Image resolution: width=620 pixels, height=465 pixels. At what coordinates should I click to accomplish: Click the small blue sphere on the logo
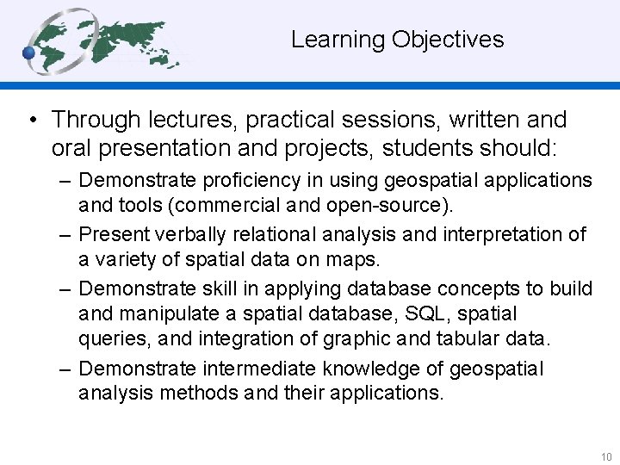coord(28,53)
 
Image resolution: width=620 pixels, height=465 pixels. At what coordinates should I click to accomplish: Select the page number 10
coord(606,457)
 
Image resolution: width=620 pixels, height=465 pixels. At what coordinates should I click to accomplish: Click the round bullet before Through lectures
coord(32,120)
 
